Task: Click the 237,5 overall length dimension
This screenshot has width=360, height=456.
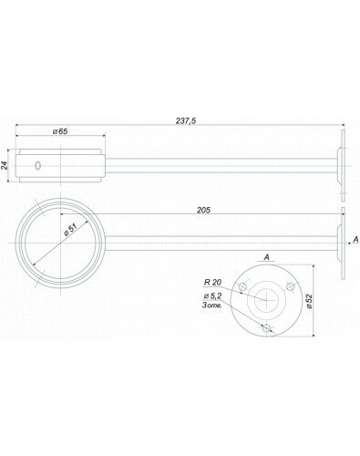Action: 186,120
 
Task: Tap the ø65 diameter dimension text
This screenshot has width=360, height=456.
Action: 60,131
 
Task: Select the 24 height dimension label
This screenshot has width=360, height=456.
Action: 4,165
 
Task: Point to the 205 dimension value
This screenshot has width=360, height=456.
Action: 203,210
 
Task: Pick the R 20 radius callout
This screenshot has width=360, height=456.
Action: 212,283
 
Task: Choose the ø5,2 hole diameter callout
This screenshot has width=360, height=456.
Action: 212,295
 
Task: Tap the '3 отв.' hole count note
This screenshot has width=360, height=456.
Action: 211,305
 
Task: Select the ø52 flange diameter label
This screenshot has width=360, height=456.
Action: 309,301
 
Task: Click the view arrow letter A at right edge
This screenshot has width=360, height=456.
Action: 356,240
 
